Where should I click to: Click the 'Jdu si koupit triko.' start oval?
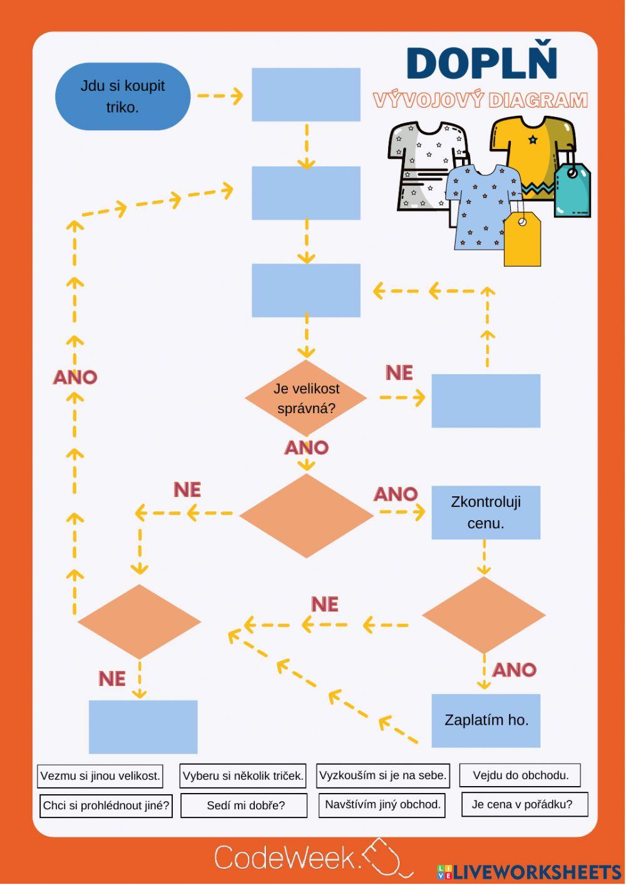tap(123, 96)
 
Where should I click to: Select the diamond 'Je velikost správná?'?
tap(306, 398)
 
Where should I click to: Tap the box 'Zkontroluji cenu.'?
tap(486, 513)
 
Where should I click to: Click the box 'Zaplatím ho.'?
tap(486, 720)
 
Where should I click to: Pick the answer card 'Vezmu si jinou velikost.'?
tap(100, 776)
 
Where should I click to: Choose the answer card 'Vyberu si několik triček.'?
tap(243, 776)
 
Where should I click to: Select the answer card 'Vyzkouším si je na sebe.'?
tap(383, 775)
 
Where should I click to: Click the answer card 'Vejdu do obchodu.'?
tap(520, 775)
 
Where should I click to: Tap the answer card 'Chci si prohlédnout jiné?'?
tap(106, 806)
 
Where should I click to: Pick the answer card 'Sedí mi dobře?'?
tap(245, 806)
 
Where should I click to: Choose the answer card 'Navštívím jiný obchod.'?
tap(382, 805)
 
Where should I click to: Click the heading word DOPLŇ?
tap(481, 64)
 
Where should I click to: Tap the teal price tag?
tap(572, 190)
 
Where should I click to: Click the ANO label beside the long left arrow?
tap(75, 377)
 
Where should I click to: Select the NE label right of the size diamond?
tap(399, 373)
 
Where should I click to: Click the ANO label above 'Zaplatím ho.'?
tap(515, 670)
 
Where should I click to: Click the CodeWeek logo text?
tap(288, 857)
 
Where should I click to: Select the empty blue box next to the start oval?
tap(306, 95)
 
